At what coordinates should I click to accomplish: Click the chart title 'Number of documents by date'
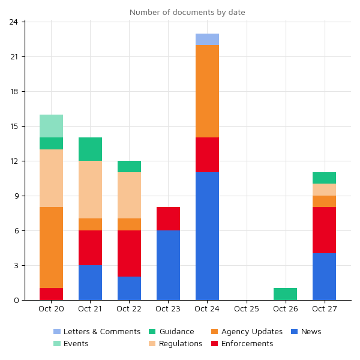(x=187, y=13)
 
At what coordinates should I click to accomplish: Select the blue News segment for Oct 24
(x=207, y=236)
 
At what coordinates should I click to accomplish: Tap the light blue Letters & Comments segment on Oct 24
(x=207, y=40)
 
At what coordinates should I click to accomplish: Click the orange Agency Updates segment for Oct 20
(x=51, y=247)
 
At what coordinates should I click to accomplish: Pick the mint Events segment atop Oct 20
(x=51, y=126)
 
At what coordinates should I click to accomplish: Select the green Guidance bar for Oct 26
(x=285, y=294)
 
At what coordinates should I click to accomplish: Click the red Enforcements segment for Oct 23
(x=168, y=218)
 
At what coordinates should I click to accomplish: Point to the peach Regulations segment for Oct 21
(x=90, y=190)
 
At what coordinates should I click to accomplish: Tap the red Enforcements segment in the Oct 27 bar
(x=324, y=230)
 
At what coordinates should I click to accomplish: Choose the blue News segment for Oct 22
(x=129, y=288)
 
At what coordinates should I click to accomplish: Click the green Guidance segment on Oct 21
(x=90, y=149)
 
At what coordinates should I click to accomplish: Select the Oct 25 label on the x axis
(x=246, y=309)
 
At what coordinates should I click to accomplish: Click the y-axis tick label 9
(x=18, y=196)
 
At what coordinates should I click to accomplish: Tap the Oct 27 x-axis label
(x=325, y=309)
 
